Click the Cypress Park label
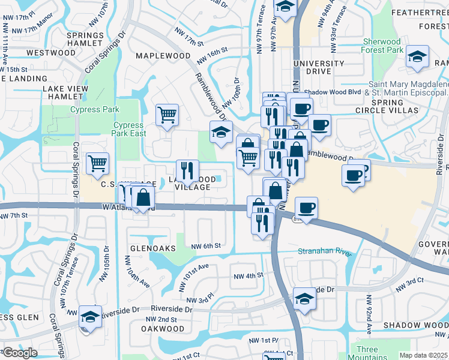click(x=95, y=109)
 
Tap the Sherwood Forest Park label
click(x=382, y=46)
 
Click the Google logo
click(x=20, y=353)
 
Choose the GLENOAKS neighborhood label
click(x=152, y=248)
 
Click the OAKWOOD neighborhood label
click(x=163, y=329)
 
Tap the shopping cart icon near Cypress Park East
click(x=167, y=114)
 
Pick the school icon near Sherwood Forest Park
click(x=417, y=58)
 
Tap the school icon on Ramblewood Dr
click(x=221, y=132)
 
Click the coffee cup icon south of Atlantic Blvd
click(x=306, y=208)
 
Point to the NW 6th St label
click(x=206, y=246)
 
